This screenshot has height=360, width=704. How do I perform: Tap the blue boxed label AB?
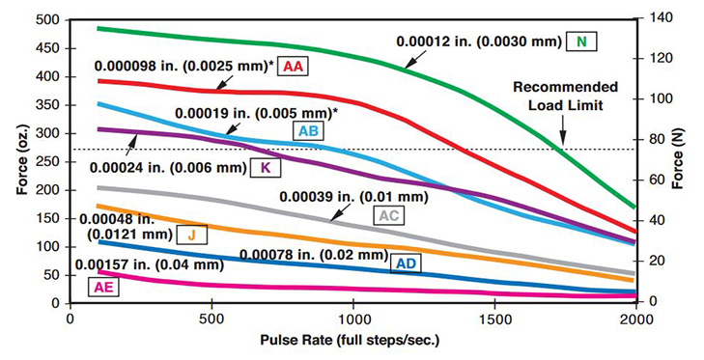[x=309, y=132]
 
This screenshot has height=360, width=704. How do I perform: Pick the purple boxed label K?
[x=264, y=166]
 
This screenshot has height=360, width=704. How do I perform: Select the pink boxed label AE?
[x=101, y=286]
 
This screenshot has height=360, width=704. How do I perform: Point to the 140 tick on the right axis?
[x=662, y=19]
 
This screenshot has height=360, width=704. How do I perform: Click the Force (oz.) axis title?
[x=16, y=162]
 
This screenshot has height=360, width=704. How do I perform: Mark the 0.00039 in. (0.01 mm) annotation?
[x=352, y=196]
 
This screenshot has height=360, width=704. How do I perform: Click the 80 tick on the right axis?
[x=659, y=140]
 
